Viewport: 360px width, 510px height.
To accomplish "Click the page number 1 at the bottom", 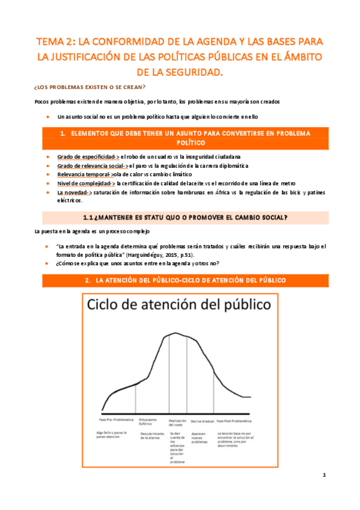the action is [x=324, y=475].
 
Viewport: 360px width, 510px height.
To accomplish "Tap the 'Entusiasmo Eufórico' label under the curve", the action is [x=149, y=422].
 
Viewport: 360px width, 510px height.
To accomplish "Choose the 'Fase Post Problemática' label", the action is [x=234, y=420].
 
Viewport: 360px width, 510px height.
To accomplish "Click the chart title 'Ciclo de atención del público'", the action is [x=179, y=306].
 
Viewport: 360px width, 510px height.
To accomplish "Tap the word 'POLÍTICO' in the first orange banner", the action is [x=180, y=143].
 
